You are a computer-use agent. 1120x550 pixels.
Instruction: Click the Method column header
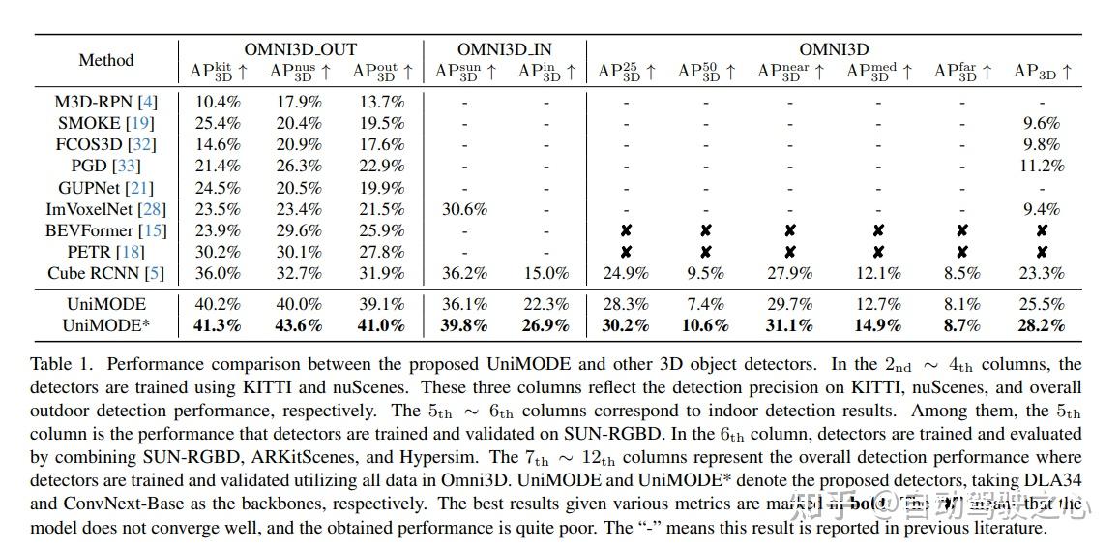105,60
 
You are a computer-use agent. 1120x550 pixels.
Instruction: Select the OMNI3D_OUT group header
300,49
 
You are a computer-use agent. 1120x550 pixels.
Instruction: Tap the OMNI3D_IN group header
504,49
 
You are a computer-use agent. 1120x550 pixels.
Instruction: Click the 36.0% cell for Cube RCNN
218,273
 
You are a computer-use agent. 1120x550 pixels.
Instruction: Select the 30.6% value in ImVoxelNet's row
463,209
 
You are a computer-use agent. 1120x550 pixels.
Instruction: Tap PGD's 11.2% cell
1041,167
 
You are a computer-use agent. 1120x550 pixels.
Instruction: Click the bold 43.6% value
298,325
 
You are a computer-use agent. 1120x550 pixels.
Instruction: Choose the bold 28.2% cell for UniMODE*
1041,325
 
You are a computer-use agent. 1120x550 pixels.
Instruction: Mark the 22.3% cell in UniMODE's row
545,304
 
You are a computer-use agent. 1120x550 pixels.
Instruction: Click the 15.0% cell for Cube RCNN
545,273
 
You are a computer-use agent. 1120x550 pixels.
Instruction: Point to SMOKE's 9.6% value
1041,123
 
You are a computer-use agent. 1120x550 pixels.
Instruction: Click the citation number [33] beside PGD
128,167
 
